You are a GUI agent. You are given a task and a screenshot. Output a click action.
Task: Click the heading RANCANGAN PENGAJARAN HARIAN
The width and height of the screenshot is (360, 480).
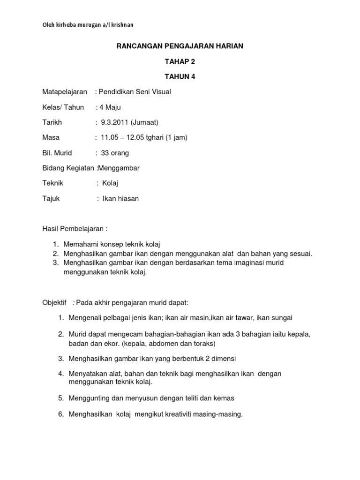pos(180,46)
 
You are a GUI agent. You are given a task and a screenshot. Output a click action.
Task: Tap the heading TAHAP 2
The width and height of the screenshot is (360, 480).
pos(180,62)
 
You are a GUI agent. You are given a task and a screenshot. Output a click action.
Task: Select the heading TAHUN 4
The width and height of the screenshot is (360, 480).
pos(180,77)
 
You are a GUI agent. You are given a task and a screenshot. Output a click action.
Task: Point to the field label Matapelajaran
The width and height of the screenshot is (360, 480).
pos(65,92)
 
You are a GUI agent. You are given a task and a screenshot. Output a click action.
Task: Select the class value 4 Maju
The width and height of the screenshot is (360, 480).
pos(110,107)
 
